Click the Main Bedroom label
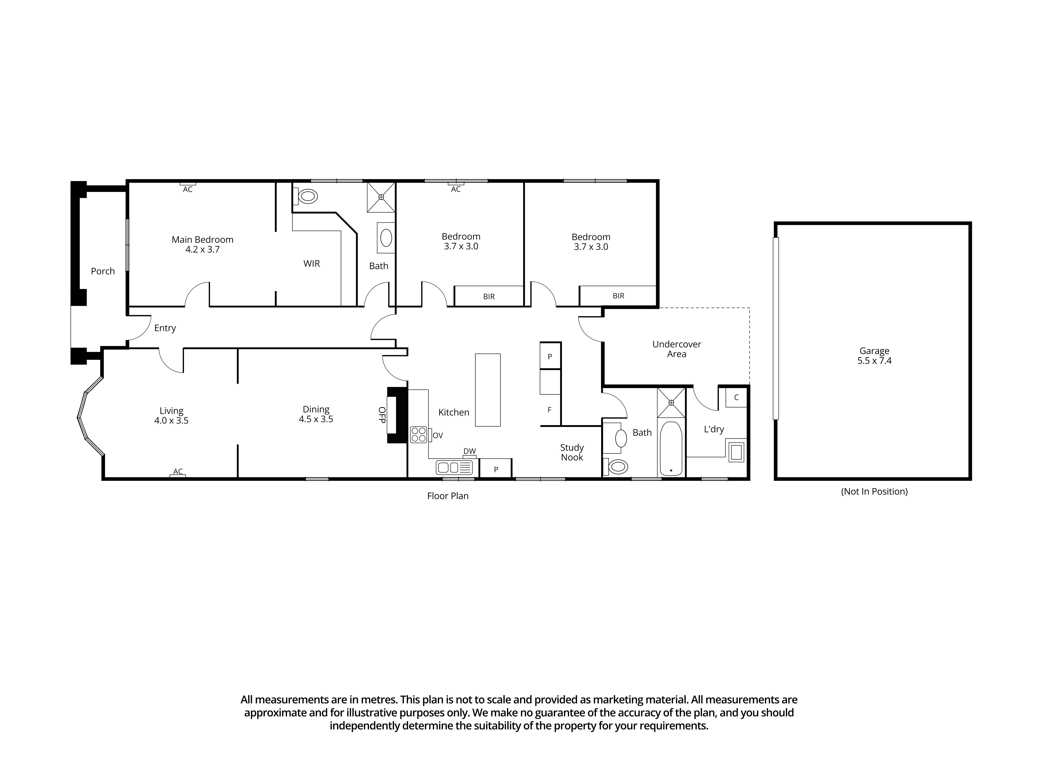(202, 240)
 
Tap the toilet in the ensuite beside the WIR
(307, 196)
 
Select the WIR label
(312, 264)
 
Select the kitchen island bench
(488, 390)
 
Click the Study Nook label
(572, 452)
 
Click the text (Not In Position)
(874, 492)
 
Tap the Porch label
(103, 271)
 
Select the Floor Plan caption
(448, 496)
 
